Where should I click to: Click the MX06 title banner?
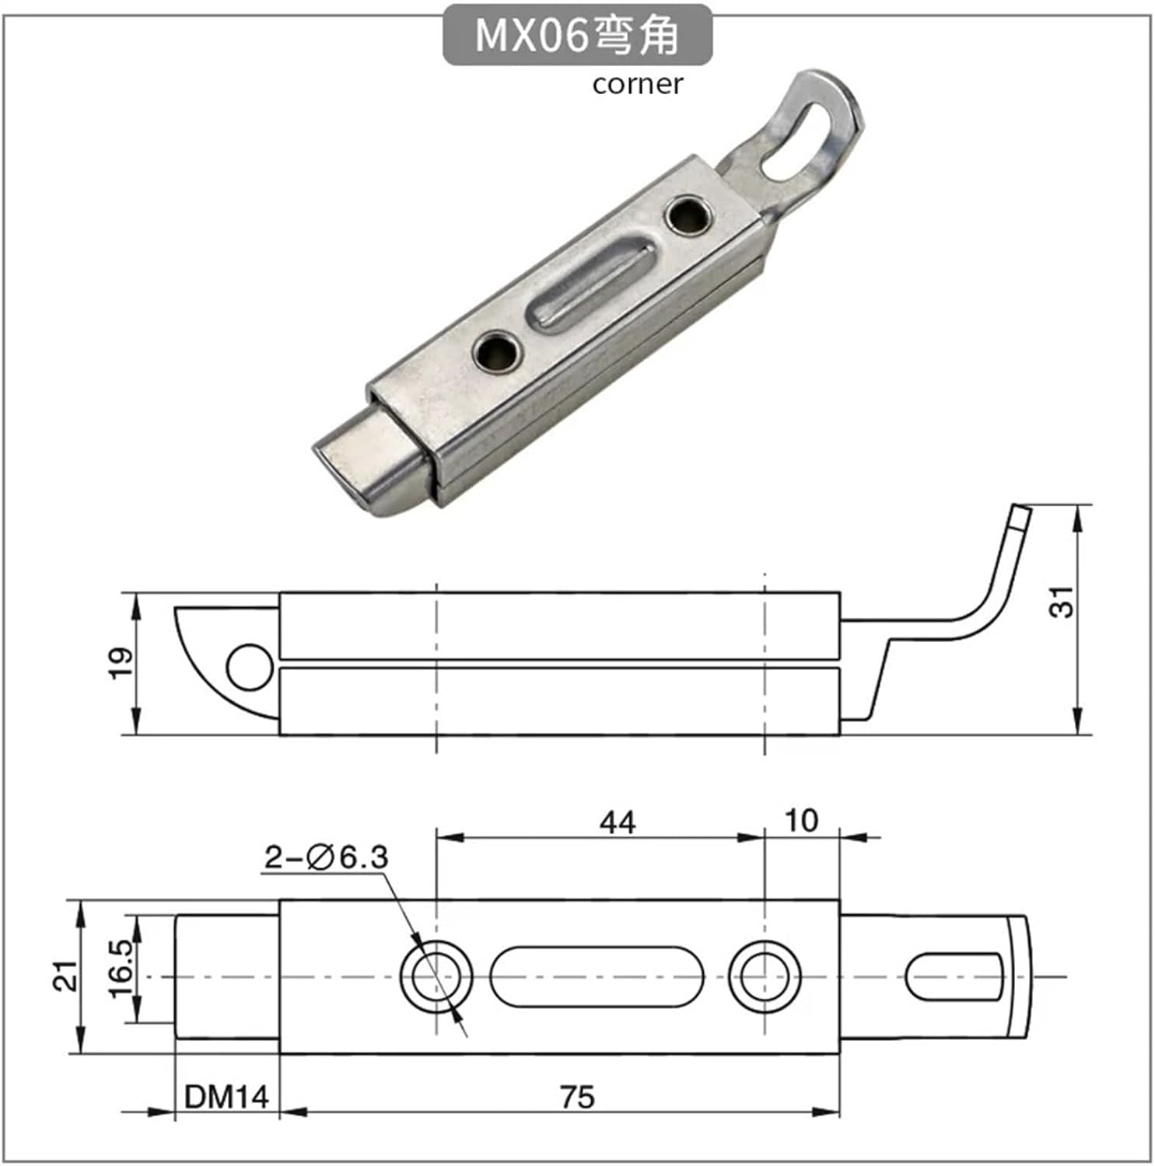point(577,35)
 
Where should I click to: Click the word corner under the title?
point(637,84)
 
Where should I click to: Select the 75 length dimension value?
point(576,1097)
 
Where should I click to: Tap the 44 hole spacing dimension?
point(618,822)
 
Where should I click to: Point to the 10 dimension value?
point(801,821)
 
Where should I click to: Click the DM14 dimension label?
point(226,1097)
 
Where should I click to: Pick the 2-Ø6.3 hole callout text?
point(326,857)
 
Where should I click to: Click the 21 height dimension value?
point(67,976)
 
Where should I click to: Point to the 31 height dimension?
point(1061,601)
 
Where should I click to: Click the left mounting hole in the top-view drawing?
point(436,976)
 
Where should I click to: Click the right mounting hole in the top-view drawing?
point(765,976)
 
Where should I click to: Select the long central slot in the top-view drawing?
point(597,976)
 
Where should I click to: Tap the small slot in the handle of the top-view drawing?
point(954,976)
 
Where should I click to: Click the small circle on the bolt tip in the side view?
point(250,667)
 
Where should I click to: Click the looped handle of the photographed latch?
point(809,132)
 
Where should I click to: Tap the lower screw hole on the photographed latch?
point(497,352)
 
